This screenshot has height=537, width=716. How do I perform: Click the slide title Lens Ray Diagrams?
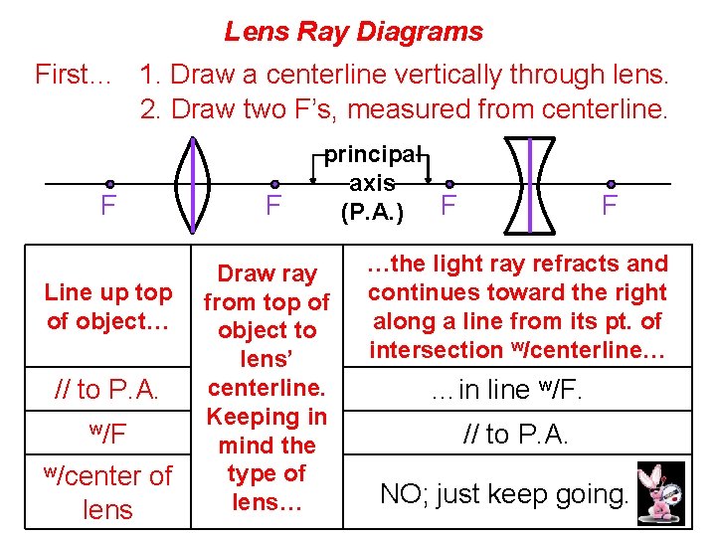pyautogui.click(x=353, y=32)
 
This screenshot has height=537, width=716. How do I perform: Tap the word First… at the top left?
pyautogui.click(x=73, y=75)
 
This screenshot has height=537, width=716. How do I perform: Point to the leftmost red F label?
pyautogui.click(x=108, y=207)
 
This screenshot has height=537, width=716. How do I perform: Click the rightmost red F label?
pyautogui.click(x=610, y=206)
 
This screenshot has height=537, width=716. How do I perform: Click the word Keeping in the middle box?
pyautogui.click(x=266, y=417)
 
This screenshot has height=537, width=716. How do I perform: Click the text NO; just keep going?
pyautogui.click(x=503, y=492)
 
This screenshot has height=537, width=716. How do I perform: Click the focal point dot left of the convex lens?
pyautogui.click(x=109, y=184)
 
